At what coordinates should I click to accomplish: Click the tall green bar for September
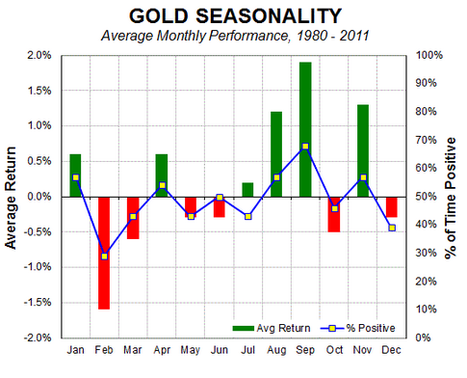click(x=305, y=129)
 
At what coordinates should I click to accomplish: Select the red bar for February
click(x=104, y=253)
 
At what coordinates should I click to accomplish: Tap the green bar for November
click(x=363, y=150)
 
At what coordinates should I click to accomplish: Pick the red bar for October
click(x=334, y=214)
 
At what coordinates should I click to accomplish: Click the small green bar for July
click(x=247, y=190)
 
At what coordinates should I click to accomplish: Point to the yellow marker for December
click(x=392, y=228)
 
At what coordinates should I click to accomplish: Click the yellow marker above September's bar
click(x=305, y=147)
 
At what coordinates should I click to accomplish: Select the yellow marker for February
click(x=104, y=256)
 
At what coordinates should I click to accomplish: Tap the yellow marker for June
click(x=220, y=197)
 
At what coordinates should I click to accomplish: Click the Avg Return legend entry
click(x=272, y=328)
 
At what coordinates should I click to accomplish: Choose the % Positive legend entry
click(x=358, y=328)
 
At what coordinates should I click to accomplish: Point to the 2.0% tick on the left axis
click(x=39, y=55)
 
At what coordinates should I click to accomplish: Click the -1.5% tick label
click(x=38, y=303)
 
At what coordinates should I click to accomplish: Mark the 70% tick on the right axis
click(x=427, y=140)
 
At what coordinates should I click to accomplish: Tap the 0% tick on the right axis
click(x=424, y=337)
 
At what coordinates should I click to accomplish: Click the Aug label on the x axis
click(x=276, y=350)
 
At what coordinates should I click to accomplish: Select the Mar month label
click(x=133, y=350)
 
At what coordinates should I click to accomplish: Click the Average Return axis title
click(x=11, y=198)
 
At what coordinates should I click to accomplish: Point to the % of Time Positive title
click(x=451, y=198)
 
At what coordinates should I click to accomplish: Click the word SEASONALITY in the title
click(x=269, y=16)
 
